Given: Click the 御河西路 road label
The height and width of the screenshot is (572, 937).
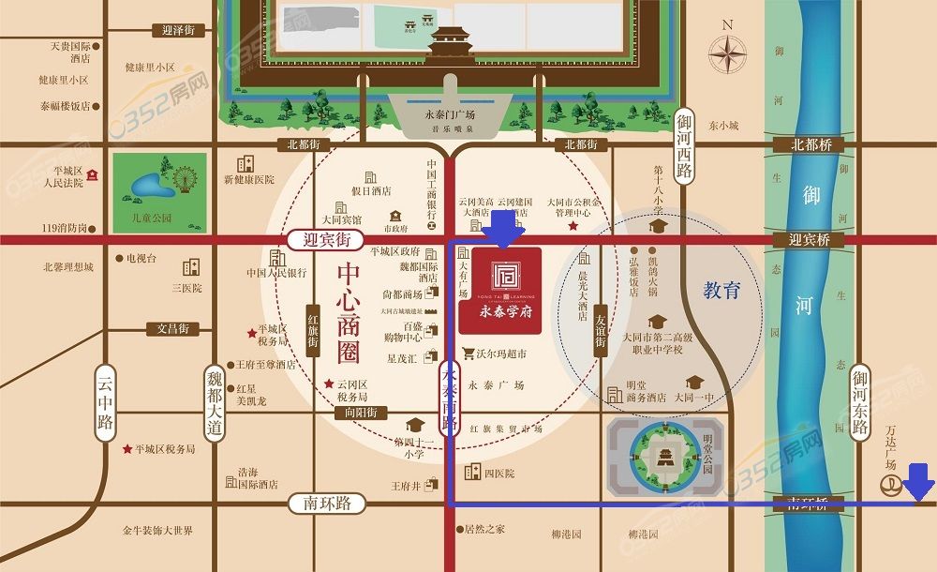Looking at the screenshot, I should coord(684,144).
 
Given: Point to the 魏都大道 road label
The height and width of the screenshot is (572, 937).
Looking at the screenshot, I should coord(216,402).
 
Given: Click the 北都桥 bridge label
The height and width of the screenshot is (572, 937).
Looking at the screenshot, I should coord(811,145).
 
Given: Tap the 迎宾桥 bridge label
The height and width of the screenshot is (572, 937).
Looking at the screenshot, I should coord(810,240).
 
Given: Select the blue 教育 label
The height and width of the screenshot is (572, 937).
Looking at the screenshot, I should coord(721,292).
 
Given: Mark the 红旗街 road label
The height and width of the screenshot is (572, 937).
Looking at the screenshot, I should coord(314,330).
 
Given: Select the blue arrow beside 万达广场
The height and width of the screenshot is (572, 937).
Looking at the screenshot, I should coord(920,481).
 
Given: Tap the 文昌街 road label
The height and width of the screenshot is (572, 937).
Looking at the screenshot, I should coord(172,328).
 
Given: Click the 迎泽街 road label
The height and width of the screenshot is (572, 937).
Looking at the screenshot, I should coord(177,30).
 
